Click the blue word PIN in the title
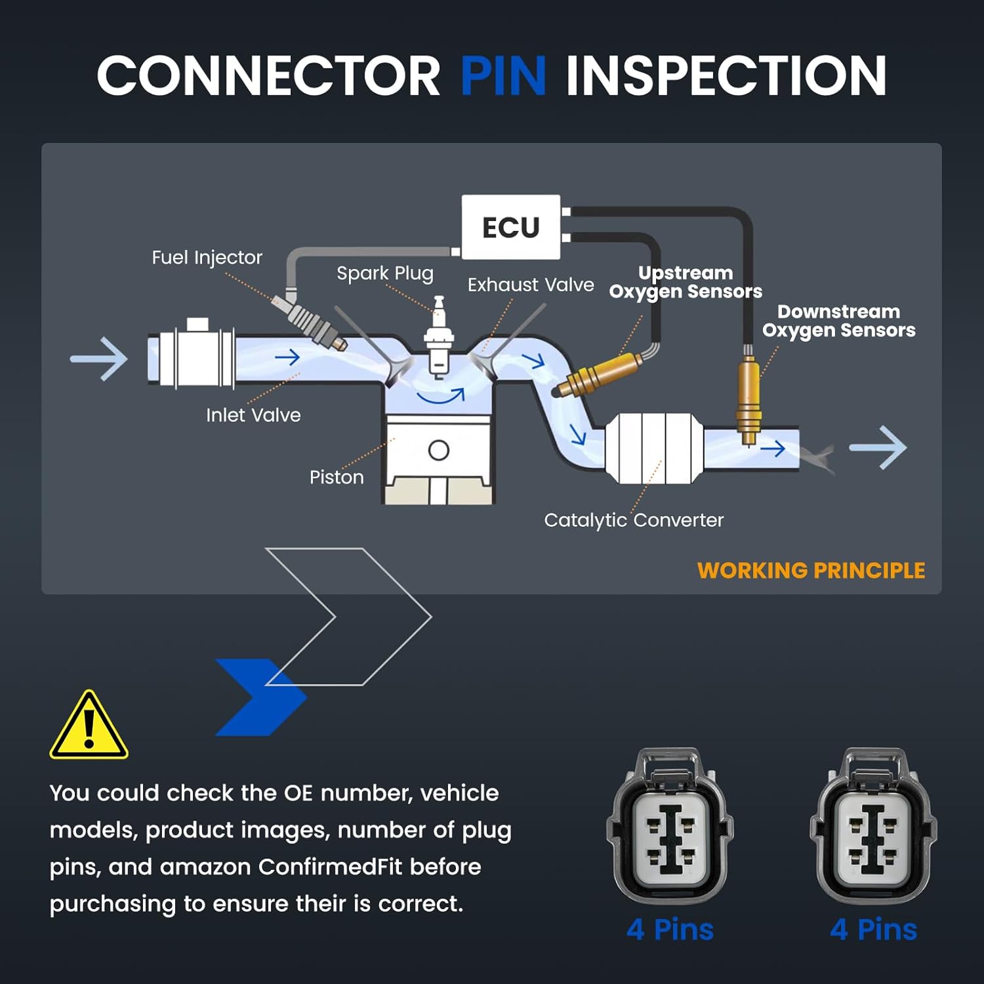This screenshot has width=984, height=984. [x=503, y=75]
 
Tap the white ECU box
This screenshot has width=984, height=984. [x=511, y=227]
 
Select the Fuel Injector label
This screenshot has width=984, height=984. [x=207, y=258]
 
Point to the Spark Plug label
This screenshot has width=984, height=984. [x=385, y=274]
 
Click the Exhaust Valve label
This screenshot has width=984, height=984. [x=531, y=285]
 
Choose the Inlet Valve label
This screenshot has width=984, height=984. [x=253, y=415]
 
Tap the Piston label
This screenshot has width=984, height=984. [x=337, y=477]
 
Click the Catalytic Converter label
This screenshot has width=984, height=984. [x=634, y=520]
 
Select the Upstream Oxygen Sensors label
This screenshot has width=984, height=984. [x=686, y=282]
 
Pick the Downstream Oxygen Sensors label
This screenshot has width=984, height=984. [x=838, y=321]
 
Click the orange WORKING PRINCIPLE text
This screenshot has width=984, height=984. [x=811, y=571]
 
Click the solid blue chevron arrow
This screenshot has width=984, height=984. [x=260, y=697]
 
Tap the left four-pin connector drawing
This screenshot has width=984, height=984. [x=670, y=827]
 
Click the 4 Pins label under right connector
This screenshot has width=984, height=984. [x=873, y=930]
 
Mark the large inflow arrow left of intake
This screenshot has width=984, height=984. [x=98, y=359]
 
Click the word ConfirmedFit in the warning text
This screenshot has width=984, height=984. [x=330, y=867]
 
